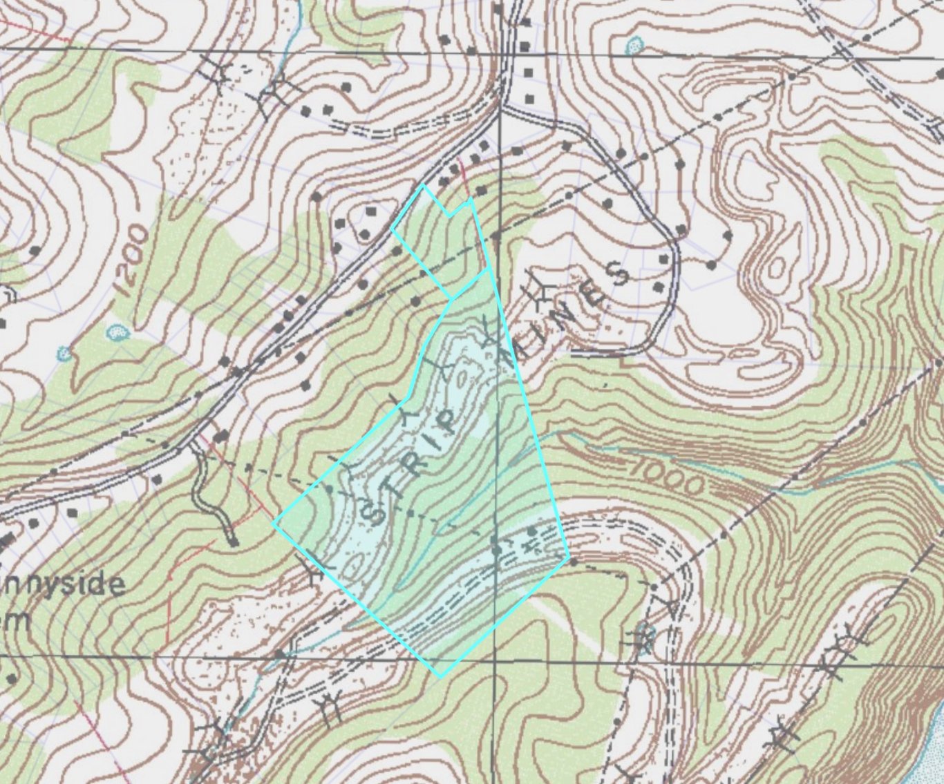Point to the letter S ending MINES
pos(616,274)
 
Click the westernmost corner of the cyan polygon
pos(274,524)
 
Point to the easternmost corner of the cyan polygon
pos(569,556)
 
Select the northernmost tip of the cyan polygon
pos(423,185)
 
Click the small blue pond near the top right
pos(633,46)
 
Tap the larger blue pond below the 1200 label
pos(119,334)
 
